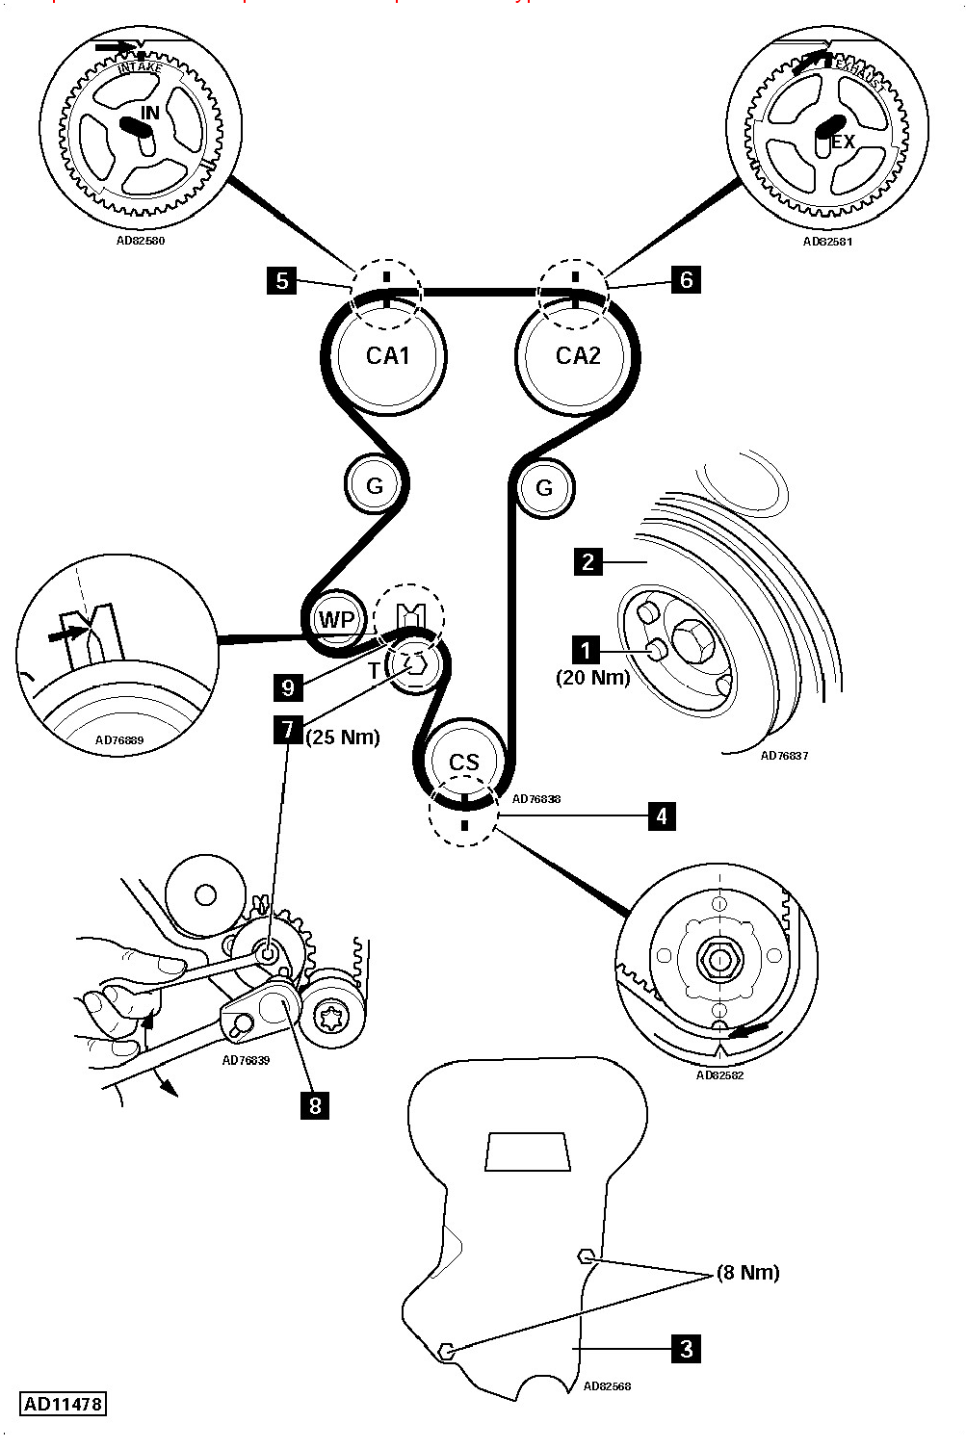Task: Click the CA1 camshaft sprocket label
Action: point(388,356)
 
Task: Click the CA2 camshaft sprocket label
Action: point(578,356)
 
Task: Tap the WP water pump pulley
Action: point(336,619)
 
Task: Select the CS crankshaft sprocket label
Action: point(464,762)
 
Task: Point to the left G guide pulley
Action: point(374,485)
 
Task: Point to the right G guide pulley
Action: point(544,487)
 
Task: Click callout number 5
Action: point(282,280)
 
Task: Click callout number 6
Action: point(686,279)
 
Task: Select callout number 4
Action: point(661,815)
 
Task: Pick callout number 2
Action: point(588,560)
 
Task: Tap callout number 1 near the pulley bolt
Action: point(585,650)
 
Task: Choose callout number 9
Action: point(288,686)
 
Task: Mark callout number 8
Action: point(315,1104)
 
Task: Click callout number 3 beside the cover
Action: point(686,1348)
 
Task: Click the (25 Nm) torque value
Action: point(343,737)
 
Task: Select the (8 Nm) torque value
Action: point(747,1272)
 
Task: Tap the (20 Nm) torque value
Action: point(592,677)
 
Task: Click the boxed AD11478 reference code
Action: point(63,1403)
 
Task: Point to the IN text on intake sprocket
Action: point(150,113)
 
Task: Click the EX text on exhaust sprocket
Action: point(843,142)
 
